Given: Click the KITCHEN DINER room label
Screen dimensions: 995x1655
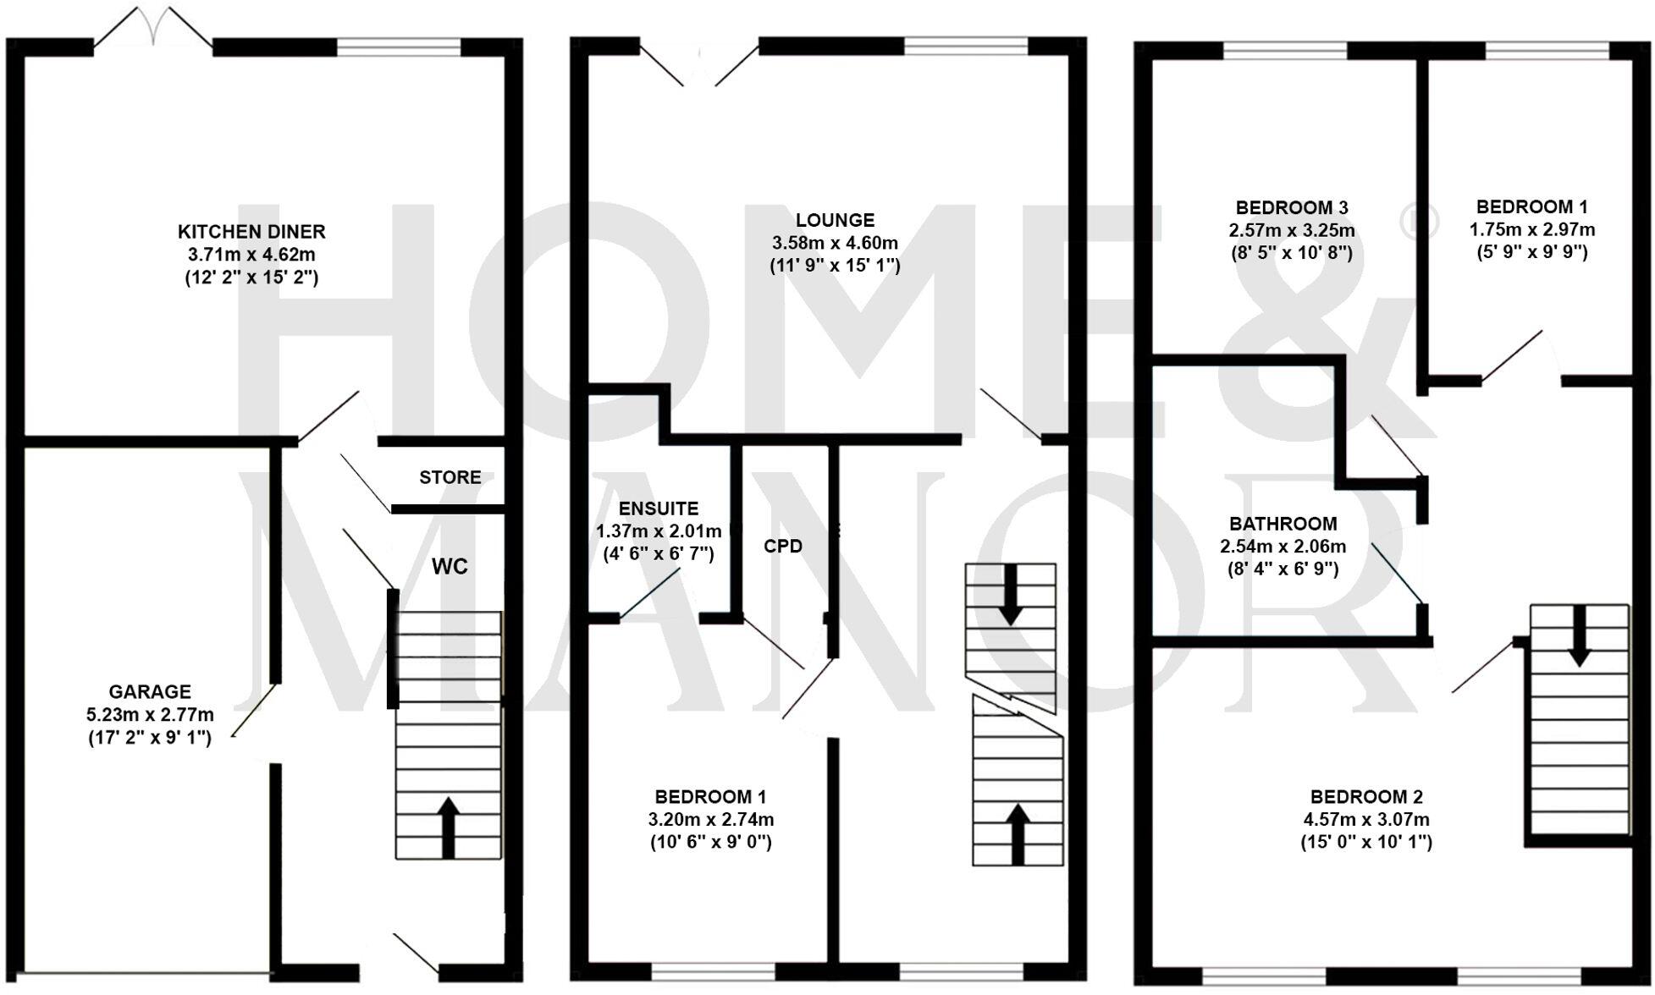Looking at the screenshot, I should pyautogui.click(x=251, y=231).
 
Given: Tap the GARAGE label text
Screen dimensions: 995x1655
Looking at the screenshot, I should pyautogui.click(x=150, y=691).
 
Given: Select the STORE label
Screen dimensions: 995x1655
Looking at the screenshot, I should pyautogui.click(x=450, y=477).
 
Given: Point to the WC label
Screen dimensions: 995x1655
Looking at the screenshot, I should pyautogui.click(x=450, y=567).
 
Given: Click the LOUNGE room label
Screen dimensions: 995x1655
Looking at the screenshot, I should pyautogui.click(x=835, y=220).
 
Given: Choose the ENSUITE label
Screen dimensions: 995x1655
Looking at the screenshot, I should pyautogui.click(x=659, y=508).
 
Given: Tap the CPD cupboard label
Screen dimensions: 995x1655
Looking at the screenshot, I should pyautogui.click(x=783, y=547).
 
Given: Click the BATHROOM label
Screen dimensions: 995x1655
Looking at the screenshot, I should pyautogui.click(x=1283, y=524).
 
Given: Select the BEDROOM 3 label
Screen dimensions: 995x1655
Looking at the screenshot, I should pyautogui.click(x=1292, y=207).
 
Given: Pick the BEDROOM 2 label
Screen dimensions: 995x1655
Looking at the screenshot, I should pyautogui.click(x=1366, y=796).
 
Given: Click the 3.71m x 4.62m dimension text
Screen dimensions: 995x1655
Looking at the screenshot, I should pyautogui.click(x=251, y=254).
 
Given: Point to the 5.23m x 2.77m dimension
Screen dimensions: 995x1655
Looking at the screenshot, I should pyautogui.click(x=150, y=715).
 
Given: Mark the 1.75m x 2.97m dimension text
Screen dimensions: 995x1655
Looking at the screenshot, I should pyautogui.click(x=1532, y=229).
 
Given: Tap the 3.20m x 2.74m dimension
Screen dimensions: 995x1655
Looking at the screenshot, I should pyautogui.click(x=711, y=819).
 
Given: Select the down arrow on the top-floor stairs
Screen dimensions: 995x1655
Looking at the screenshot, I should pyautogui.click(x=1579, y=635).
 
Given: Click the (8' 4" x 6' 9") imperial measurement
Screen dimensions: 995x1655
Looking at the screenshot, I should pyautogui.click(x=1283, y=569).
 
